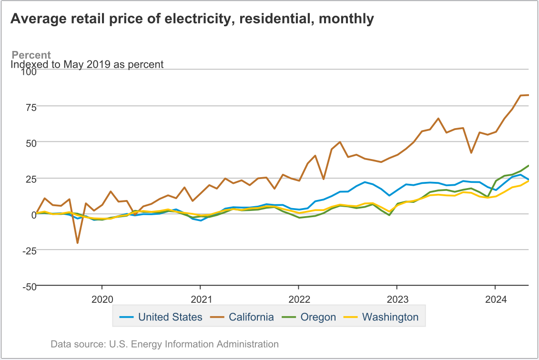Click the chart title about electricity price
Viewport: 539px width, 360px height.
coord(192,19)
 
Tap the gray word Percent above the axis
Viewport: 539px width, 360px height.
coord(31,55)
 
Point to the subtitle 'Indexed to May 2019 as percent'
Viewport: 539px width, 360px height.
coord(87,64)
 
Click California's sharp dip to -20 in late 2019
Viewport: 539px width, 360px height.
coord(77,243)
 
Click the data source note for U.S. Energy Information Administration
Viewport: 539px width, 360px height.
coord(164,344)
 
